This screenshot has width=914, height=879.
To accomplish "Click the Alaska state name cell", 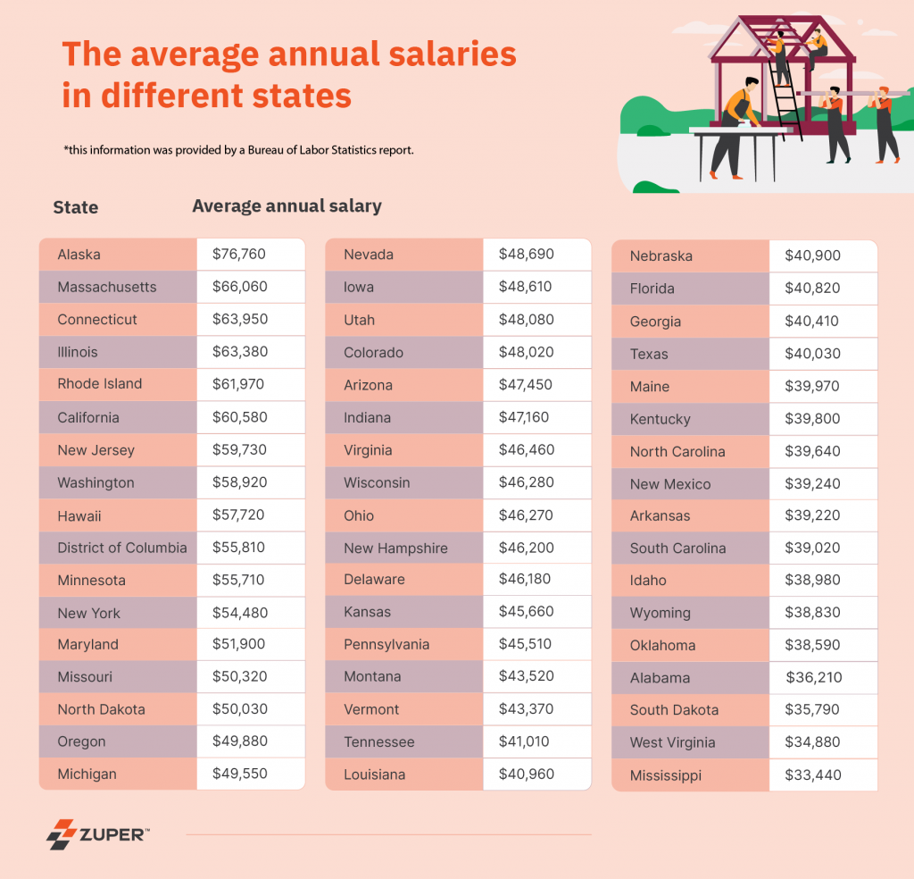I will pyautogui.click(x=79, y=255).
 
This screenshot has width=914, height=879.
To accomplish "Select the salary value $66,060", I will pyautogui.click(x=240, y=287).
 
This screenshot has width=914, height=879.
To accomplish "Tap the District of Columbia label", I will pyautogui.click(x=122, y=548).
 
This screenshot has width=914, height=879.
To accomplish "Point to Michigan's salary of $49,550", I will pyautogui.click(x=240, y=774).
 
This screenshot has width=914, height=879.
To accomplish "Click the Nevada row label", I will pyautogui.click(x=369, y=255).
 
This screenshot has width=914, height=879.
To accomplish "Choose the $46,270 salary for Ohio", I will pyautogui.click(x=526, y=515).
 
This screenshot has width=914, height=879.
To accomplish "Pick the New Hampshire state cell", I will pyautogui.click(x=395, y=548).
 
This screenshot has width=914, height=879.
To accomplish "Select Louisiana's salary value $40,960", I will pyautogui.click(x=526, y=774).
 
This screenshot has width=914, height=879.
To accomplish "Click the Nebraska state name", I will pyautogui.click(x=661, y=256).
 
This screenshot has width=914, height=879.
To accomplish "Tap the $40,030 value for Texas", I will pyautogui.click(x=812, y=354).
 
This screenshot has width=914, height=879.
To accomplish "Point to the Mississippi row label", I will pyautogui.click(x=665, y=775).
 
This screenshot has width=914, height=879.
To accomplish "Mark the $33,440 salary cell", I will pyautogui.click(x=812, y=775).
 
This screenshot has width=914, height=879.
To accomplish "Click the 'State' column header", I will pyautogui.click(x=76, y=207).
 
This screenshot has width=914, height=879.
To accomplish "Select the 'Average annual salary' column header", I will pyautogui.click(x=287, y=206).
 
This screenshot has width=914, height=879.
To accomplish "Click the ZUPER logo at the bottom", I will pyautogui.click(x=98, y=833).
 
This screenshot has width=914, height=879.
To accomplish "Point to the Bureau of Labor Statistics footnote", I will pyautogui.click(x=238, y=150).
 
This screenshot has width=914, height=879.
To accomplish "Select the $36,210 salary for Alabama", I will pyautogui.click(x=813, y=678).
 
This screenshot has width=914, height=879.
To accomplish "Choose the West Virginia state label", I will pyautogui.click(x=672, y=742).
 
